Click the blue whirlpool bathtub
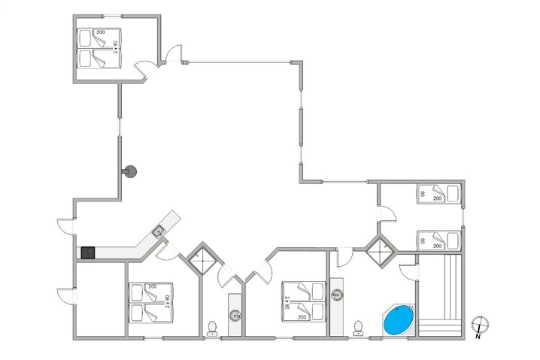point(399,321)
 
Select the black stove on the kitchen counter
point(86,253)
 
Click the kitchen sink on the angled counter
point(159,231)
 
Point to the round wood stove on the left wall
point(131,172)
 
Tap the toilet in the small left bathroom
point(213,327)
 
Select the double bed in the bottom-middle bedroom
point(303,301)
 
